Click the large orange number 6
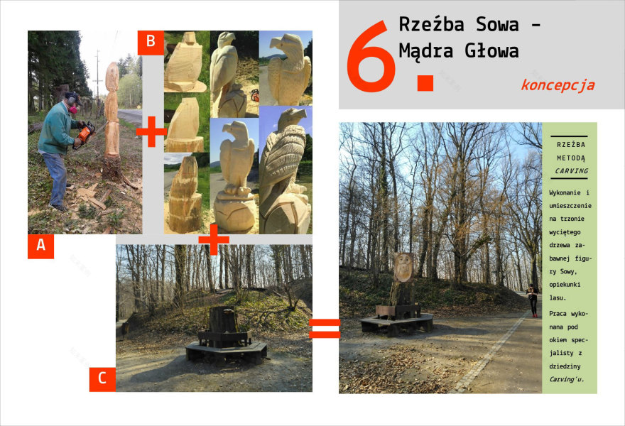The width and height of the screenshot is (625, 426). tap(371, 56)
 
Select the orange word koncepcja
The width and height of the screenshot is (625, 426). tap(558, 85)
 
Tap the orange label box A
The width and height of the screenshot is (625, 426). tap(40, 246)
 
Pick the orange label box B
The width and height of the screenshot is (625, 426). tap(151, 42)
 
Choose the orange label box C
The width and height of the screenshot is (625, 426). tap(102, 379)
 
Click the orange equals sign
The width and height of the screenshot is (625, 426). tap(325, 328)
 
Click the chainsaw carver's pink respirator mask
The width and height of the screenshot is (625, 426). tap(73, 109)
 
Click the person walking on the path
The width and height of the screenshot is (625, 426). tap(532, 300)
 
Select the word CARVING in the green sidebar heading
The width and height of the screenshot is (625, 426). tap(572, 171)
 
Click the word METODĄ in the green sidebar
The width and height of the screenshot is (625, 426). tap(571, 158)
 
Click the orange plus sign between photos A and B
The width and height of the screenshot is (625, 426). tap(151, 131)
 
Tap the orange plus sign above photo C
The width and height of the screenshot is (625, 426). tap(214, 239)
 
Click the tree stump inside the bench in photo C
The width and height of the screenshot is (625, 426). tap(224, 319)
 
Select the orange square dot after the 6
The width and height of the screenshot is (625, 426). tap(425, 82)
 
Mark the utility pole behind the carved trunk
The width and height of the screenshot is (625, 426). tap(97, 75)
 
